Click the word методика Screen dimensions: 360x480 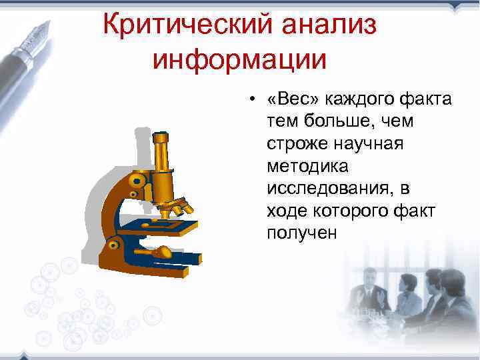point(303,167)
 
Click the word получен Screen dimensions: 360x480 point(302,233)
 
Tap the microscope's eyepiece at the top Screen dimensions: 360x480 point(160,141)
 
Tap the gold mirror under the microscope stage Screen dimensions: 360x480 point(163,252)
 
